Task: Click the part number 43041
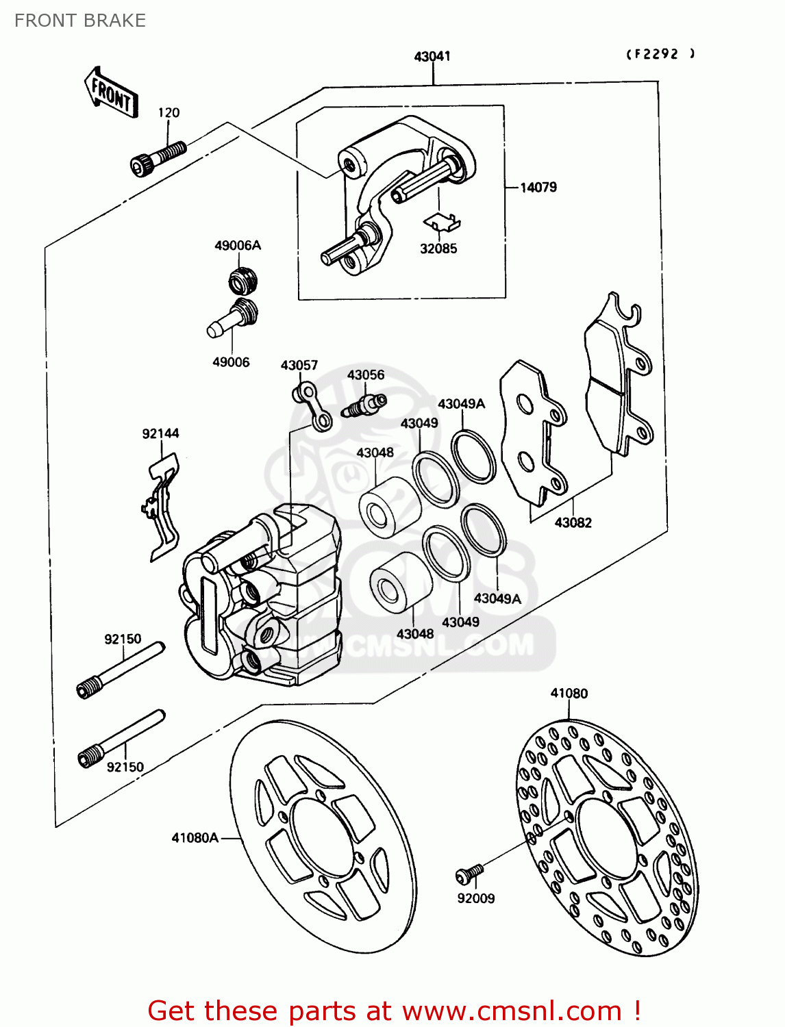point(432,56)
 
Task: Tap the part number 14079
point(538,187)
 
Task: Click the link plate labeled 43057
point(313,407)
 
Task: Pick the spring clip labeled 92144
point(162,507)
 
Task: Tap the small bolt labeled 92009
point(470,873)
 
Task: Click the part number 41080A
point(195,837)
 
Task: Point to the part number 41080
point(569,693)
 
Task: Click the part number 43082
point(573,522)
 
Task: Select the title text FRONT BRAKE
point(80,21)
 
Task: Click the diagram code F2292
point(660,54)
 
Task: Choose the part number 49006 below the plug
point(231,362)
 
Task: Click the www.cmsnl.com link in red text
point(512,1011)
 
